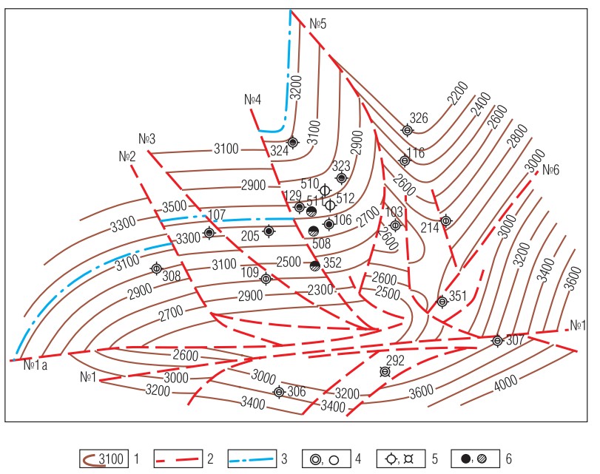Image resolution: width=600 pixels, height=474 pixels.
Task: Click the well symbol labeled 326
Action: [x=407, y=130]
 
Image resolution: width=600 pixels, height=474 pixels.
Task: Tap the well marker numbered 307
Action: [x=497, y=341]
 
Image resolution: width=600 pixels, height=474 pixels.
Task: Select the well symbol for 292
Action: [x=385, y=372]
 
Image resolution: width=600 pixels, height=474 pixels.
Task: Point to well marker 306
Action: [x=279, y=392]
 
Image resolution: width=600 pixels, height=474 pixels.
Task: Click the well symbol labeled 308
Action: [x=156, y=268]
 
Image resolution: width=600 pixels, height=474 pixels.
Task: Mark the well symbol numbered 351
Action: [x=442, y=301]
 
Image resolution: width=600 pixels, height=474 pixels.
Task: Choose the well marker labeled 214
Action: [x=445, y=220]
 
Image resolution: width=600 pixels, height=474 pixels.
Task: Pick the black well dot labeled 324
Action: [x=293, y=142]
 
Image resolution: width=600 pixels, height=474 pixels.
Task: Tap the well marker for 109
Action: [x=266, y=279]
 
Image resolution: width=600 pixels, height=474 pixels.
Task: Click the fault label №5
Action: [x=319, y=24]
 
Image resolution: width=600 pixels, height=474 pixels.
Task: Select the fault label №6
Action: [x=550, y=169]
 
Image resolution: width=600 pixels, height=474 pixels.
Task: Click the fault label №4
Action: [x=252, y=100]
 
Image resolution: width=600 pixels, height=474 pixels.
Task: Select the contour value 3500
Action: [x=175, y=206]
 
